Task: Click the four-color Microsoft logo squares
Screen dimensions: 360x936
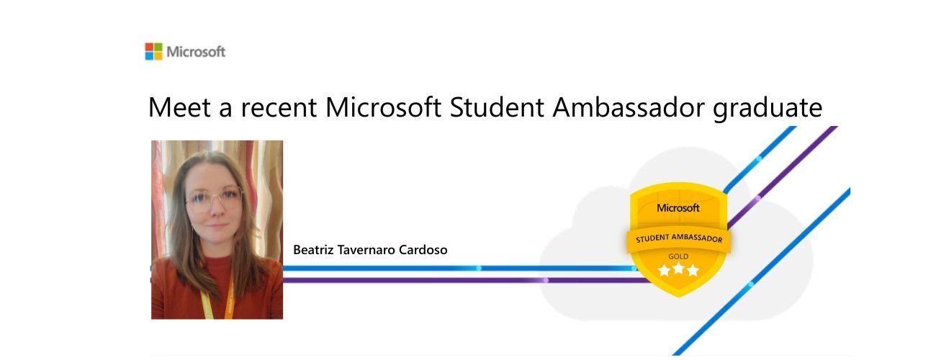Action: (153, 51)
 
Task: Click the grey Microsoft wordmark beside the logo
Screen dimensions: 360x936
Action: (196, 52)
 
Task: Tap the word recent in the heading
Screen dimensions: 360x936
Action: (278, 108)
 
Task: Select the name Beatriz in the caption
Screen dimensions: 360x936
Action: (312, 250)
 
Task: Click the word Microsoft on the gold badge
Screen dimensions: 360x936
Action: (678, 208)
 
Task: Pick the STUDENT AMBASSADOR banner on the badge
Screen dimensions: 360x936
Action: (678, 239)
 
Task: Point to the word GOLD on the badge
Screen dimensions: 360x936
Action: (678, 256)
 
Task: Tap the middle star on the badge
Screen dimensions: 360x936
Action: (678, 270)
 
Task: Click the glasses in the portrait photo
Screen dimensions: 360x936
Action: (214, 198)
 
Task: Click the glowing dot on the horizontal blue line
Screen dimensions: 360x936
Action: (479, 268)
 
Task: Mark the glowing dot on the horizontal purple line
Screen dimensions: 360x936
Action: (545, 280)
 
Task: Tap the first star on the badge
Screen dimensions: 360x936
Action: (664, 271)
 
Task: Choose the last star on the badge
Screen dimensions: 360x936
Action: (693, 271)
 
